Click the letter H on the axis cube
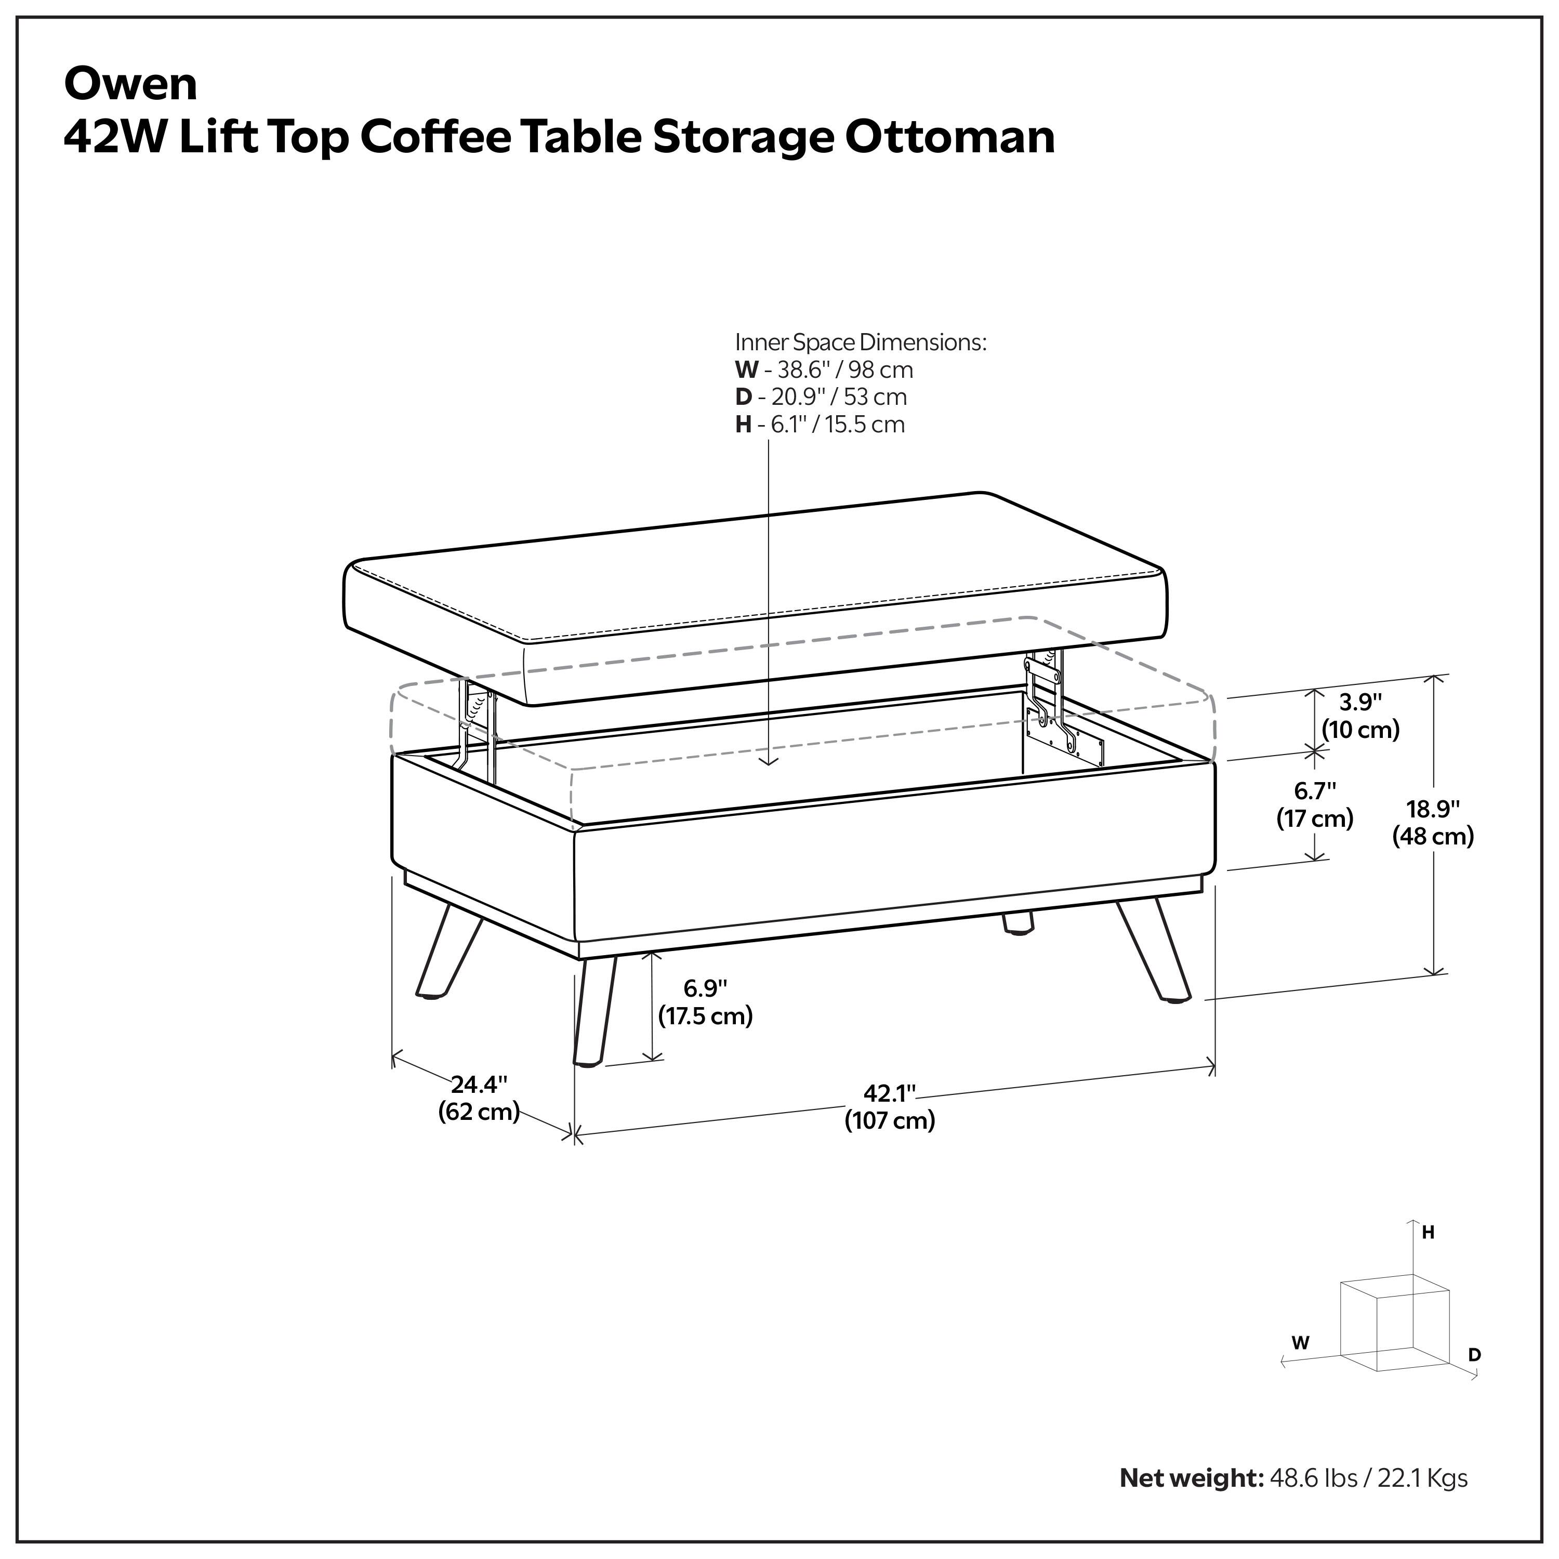click(x=1428, y=1233)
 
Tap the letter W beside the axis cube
click(x=1300, y=1343)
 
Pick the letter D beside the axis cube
click(x=1474, y=1355)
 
